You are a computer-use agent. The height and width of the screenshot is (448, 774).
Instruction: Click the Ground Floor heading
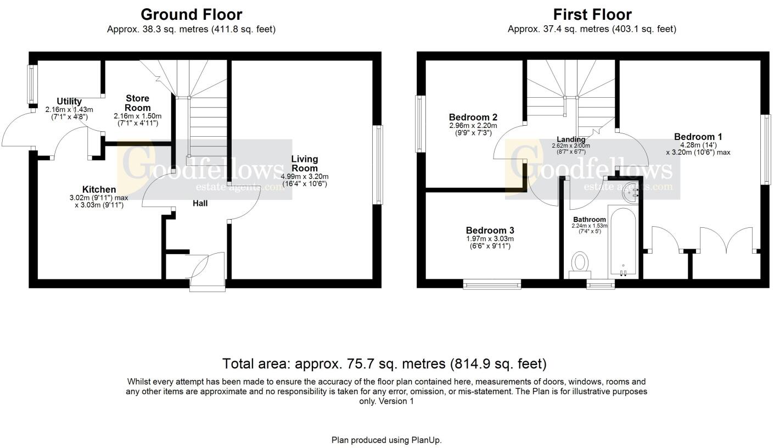coord(191,14)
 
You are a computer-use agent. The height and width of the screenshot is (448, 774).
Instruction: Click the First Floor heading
coord(592,14)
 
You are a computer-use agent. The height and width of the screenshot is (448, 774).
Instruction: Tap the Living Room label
coord(304,164)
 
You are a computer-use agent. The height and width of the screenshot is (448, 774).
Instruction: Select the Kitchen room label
coord(99,189)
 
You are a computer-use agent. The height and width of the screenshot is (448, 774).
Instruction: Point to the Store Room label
coord(137,103)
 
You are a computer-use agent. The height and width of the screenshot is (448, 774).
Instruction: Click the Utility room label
coord(69,102)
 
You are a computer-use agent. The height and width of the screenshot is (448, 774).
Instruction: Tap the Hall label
coord(200,204)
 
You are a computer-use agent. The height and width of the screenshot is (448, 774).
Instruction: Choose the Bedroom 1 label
coord(698,137)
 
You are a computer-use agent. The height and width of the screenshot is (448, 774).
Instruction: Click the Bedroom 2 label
coord(473,117)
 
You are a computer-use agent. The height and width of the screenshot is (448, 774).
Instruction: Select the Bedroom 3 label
coord(490,231)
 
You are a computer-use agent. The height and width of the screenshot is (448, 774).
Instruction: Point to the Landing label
coord(571,139)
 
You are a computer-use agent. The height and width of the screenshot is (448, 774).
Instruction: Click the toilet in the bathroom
coord(579,262)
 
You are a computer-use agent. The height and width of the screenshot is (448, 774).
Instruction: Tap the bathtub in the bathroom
coord(622,242)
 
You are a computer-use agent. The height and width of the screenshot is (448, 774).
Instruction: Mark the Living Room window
coord(377,165)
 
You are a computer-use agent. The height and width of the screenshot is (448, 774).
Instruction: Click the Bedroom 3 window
coord(492,284)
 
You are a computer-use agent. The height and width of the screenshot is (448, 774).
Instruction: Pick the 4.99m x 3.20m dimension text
coord(304,176)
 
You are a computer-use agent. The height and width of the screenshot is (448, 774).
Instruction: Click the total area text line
coord(384,363)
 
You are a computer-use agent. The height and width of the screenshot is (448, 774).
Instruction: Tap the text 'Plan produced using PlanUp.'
coord(386,440)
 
